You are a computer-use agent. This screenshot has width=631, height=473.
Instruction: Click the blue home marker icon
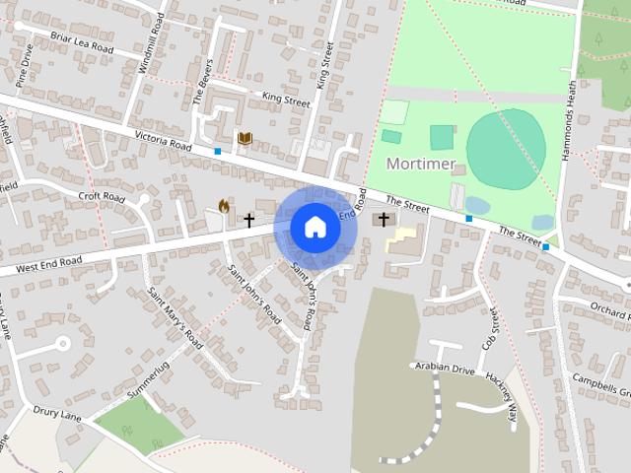315,228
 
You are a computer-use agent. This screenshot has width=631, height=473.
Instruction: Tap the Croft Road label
102,197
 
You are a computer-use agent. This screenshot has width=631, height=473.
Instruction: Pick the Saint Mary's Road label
175,318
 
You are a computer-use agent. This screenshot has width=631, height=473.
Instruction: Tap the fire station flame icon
224,207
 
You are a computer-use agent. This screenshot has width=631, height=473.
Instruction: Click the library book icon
243,140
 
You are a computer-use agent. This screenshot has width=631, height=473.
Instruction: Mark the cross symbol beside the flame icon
248,219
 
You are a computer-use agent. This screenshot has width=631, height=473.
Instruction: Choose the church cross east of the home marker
383,219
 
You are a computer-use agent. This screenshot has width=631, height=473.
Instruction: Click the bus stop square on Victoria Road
217,151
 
